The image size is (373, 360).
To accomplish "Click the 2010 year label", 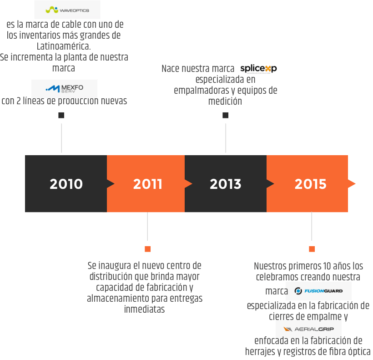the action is (x=66, y=184).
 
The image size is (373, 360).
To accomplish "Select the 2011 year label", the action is (x=148, y=184).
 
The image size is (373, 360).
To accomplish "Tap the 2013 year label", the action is (x=226, y=184).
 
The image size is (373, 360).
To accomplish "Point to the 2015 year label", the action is (x=310, y=184).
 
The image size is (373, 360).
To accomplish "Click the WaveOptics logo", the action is (x=67, y=10).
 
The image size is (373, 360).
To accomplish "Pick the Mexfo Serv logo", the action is (x=65, y=88).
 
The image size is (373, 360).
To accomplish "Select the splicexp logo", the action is (x=258, y=69).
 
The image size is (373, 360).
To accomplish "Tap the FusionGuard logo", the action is (x=318, y=291).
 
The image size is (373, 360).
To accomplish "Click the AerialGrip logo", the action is (x=308, y=329).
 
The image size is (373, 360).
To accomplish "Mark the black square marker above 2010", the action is (x=61, y=116).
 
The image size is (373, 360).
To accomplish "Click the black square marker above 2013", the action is (x=226, y=116).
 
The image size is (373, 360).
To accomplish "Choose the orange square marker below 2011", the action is (x=148, y=249).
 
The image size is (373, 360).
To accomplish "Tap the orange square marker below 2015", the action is (x=312, y=249).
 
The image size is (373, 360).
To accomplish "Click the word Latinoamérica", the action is (x=64, y=46).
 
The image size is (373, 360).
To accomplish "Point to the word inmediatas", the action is (x=144, y=309).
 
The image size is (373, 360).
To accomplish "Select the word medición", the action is (x=225, y=101).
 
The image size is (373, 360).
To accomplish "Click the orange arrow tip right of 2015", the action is (x=355, y=184).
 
